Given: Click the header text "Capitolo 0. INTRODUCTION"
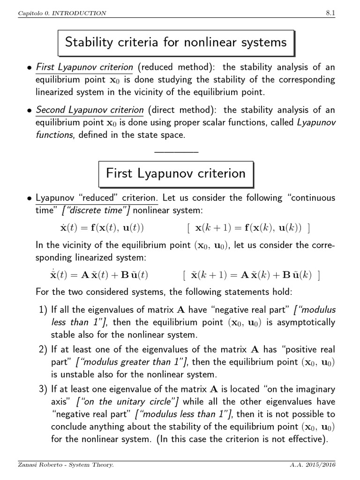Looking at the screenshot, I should tap(62, 13).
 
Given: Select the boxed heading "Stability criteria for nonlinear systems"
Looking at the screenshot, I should tap(176, 43).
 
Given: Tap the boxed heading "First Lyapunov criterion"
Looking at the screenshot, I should tap(176, 173).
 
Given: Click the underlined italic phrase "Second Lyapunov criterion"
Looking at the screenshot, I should tap(90, 110).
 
